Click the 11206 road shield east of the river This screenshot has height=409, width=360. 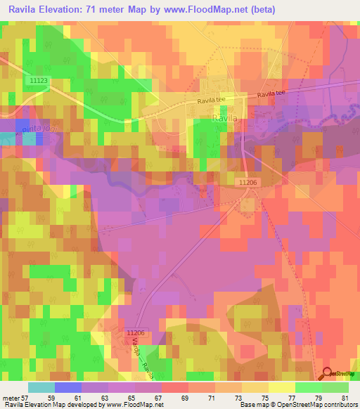248,181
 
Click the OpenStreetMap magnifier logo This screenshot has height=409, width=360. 328,375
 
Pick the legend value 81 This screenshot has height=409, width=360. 344,397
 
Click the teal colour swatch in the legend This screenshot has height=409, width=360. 41,387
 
